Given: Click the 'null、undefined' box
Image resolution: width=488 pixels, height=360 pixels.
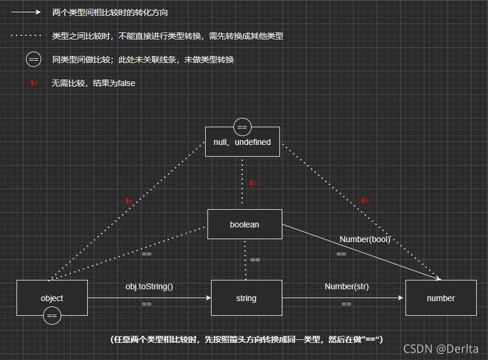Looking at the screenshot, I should coord(242,143).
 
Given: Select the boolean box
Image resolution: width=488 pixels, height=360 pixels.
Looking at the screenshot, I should coord(245,224).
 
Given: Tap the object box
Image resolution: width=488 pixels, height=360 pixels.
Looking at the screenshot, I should coord(52,298).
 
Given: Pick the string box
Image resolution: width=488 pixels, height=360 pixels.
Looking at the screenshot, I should coord(246,298).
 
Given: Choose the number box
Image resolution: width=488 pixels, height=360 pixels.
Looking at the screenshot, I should coord(441,298).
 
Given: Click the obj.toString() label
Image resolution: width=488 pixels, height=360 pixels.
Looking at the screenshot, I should coord(149,286).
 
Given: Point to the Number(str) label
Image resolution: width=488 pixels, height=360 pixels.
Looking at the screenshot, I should coord(347,286).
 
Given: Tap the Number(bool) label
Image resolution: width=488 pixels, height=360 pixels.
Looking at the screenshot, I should coord(365,239).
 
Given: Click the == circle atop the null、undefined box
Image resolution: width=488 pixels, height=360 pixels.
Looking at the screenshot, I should coord(242,127).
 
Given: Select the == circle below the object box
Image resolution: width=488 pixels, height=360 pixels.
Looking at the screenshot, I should coord(52,316).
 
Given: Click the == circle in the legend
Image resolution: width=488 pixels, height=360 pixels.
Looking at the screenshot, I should coord(34,60).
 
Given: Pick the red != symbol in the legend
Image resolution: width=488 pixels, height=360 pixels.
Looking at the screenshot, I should coord(34,83).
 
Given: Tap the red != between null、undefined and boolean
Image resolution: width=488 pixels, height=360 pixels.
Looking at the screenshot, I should coord(253,183).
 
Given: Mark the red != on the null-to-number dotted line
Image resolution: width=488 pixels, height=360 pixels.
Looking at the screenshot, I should coord(365,201).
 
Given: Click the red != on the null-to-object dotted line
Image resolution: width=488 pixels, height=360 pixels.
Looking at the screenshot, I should coord(130,201).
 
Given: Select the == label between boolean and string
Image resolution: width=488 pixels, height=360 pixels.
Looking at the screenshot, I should coord(255,259).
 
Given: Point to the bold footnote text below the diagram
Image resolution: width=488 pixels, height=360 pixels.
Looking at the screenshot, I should coord(247,339).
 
